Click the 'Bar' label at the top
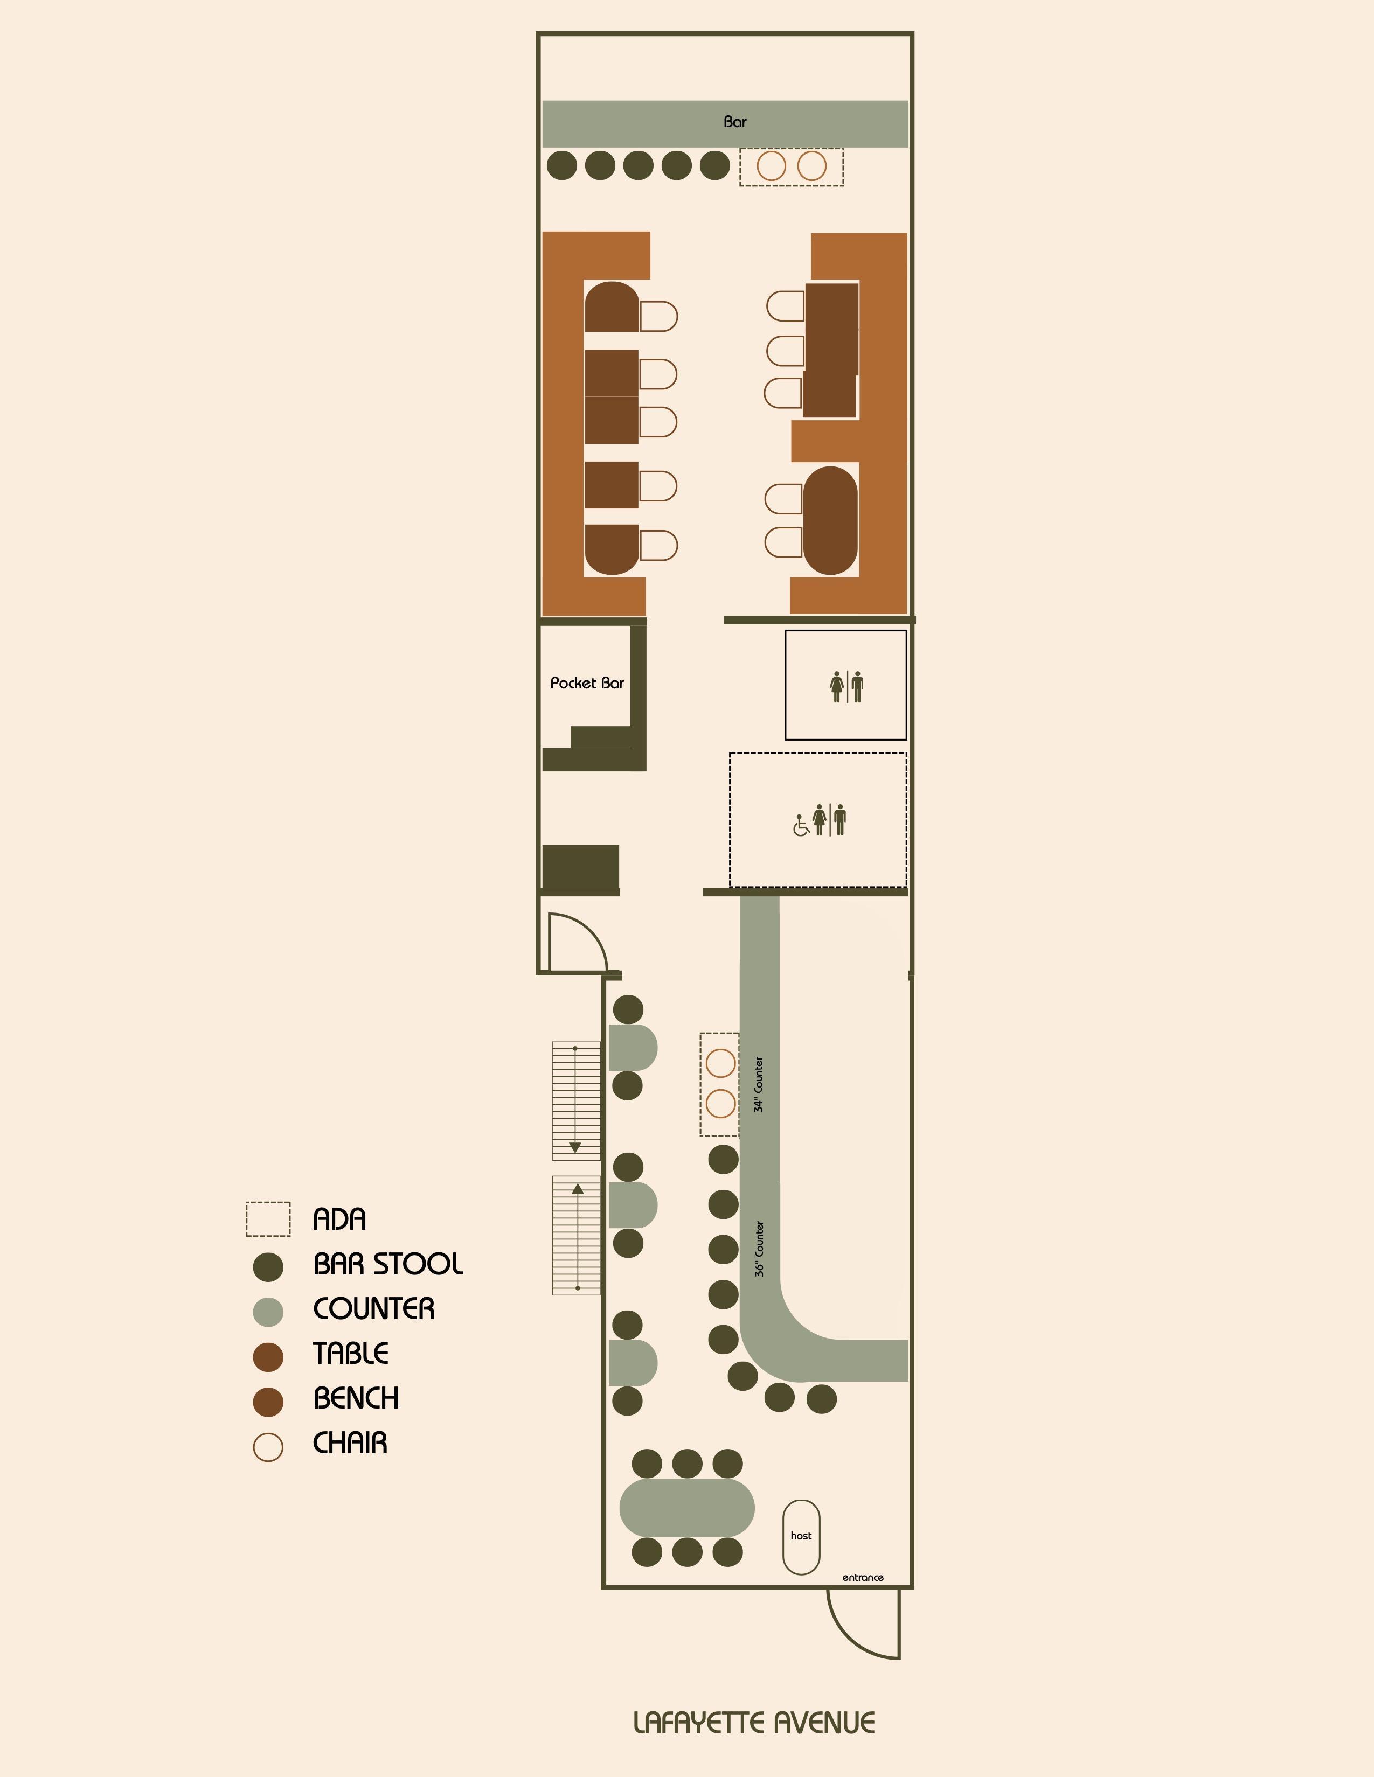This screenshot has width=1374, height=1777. click(734, 122)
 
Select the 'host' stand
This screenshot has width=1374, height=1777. click(801, 1537)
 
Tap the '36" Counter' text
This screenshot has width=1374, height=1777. click(759, 1248)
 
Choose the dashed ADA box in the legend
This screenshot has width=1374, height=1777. click(268, 1219)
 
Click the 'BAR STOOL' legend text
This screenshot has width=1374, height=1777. click(388, 1264)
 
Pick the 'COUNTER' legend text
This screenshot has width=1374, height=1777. click(373, 1309)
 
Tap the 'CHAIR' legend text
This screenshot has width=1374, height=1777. click(350, 1444)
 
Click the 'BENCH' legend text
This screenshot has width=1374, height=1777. click(356, 1399)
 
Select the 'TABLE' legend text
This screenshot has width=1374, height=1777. click(351, 1354)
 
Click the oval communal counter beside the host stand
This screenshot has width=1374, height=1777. click(687, 1508)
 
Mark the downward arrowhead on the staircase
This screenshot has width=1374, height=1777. click(575, 1147)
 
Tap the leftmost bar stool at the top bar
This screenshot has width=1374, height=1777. click(561, 165)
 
